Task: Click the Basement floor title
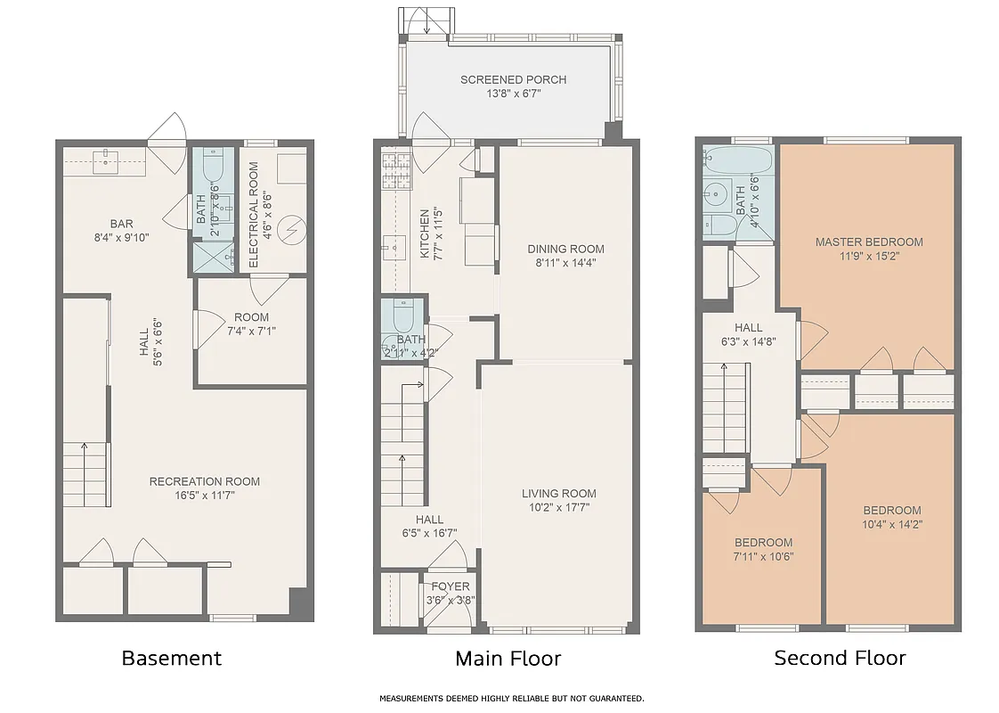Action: pos(171,659)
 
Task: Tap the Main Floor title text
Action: pos(508,659)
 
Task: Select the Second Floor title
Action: pos(840,659)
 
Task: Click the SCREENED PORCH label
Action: pos(513,80)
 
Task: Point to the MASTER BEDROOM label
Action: pos(869,242)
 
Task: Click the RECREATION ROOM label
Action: pos(205,481)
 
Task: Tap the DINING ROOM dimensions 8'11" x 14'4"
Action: pos(565,262)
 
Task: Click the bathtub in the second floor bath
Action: pos(737,160)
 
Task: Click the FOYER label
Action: pos(451,586)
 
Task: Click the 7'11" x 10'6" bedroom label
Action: pos(763,543)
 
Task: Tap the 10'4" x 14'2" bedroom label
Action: pos(891,511)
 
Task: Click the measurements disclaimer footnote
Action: pos(511,699)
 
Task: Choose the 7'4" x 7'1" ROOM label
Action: pos(251,317)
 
